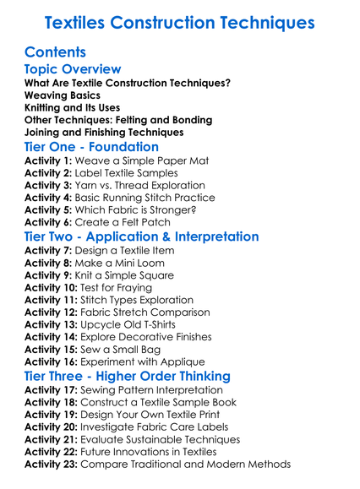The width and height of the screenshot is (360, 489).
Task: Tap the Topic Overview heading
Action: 73,69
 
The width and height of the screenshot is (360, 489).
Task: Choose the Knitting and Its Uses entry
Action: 72,108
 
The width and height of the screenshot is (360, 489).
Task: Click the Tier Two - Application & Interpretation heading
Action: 142,236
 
